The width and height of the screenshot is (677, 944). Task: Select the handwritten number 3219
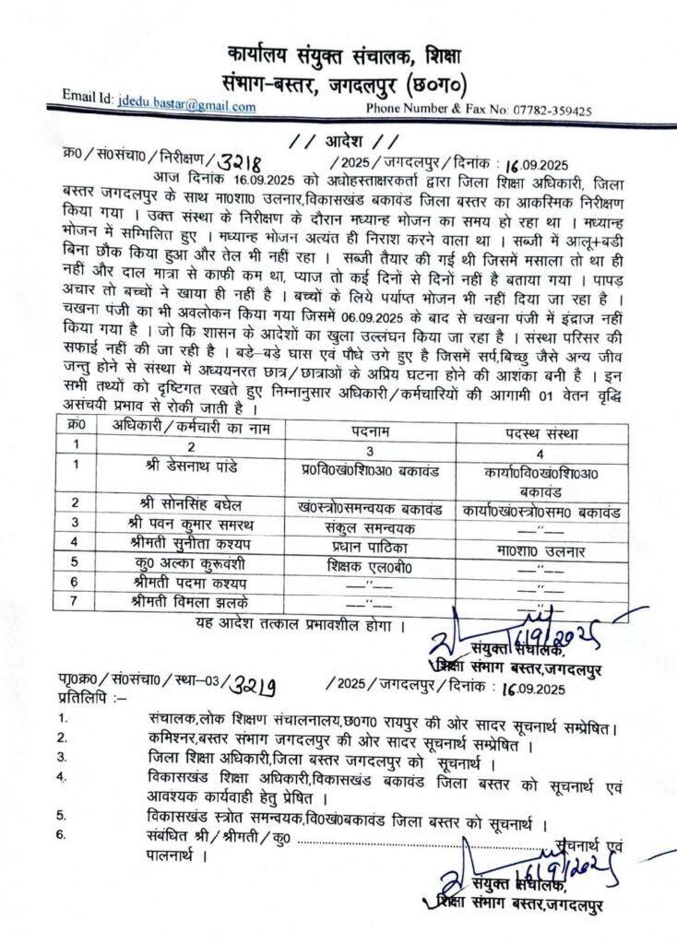(244, 684)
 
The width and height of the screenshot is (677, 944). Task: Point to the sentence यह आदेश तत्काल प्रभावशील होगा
(291, 626)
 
